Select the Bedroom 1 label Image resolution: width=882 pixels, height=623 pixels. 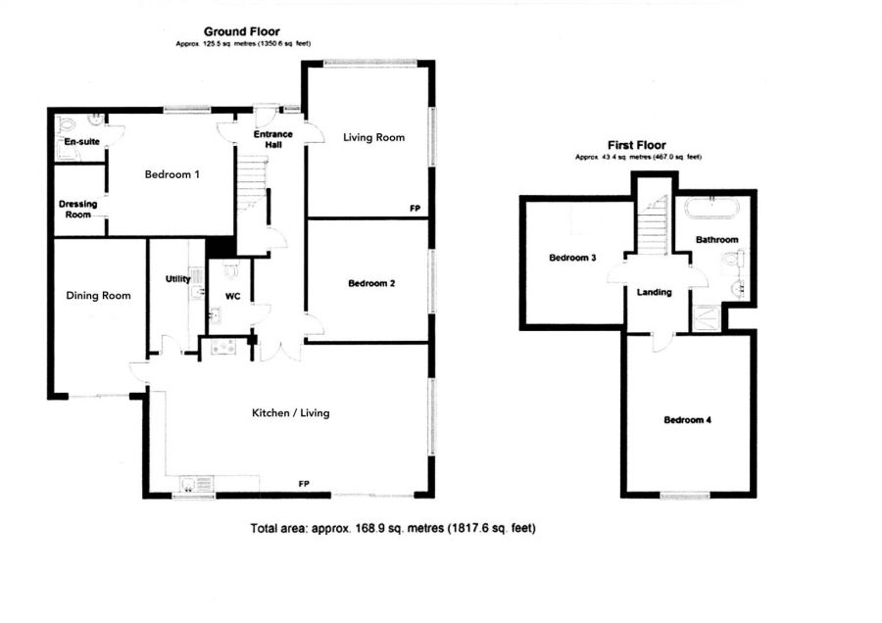pos(172,175)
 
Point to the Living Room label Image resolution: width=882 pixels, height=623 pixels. pos(373,137)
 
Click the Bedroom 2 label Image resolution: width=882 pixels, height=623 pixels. pos(371,284)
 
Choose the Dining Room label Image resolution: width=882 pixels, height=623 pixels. pos(98,296)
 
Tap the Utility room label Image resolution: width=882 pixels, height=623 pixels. pos(177,279)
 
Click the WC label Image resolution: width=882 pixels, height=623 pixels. pos(232,295)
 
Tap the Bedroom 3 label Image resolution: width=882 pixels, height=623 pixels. pos(573,259)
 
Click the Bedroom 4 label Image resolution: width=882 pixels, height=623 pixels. pos(688,420)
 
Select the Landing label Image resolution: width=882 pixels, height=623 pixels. pos(654,292)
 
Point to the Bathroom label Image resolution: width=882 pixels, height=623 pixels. pos(717,240)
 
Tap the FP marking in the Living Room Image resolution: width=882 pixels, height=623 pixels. pos(416,209)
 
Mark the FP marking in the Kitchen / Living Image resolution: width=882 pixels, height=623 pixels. pos(305,485)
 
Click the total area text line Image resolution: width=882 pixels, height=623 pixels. pos(393,528)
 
